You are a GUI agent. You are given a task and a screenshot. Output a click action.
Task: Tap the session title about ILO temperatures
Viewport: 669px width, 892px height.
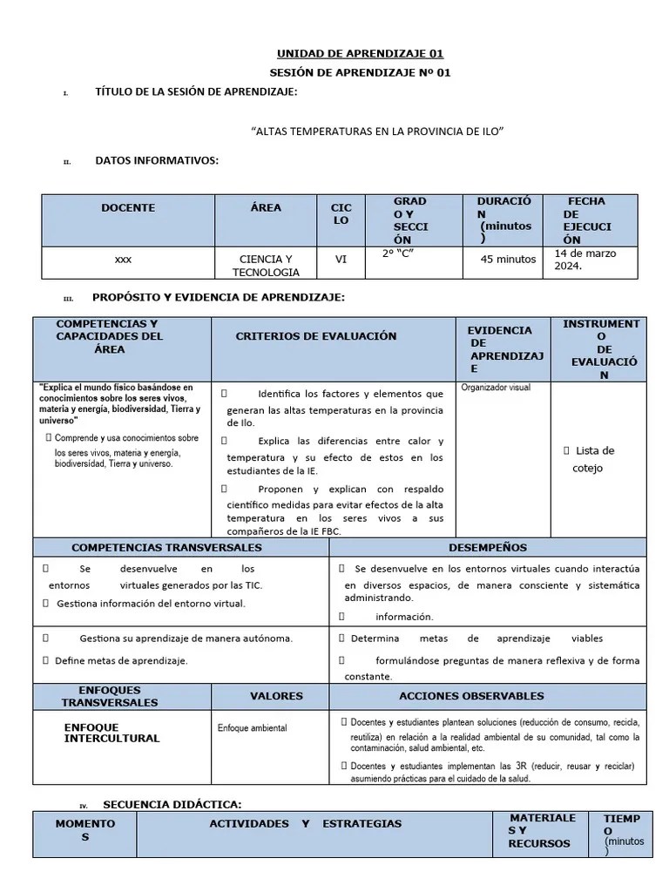point(377,131)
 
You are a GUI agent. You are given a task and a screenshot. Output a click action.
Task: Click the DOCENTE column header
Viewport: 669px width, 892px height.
point(128,208)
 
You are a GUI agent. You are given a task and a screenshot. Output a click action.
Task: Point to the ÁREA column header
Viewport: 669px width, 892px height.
point(266,208)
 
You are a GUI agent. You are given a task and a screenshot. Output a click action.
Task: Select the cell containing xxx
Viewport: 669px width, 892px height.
point(124,260)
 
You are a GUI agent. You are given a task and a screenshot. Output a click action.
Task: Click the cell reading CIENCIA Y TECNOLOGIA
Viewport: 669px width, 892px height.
point(266,266)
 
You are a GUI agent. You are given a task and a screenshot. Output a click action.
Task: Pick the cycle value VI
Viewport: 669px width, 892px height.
point(341,259)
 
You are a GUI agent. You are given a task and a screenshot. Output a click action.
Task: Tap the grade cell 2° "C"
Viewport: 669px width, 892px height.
point(397,254)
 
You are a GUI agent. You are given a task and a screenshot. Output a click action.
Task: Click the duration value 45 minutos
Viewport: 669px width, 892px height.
point(508,259)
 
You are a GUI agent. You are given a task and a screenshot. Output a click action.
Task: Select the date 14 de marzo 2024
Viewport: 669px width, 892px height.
point(585,260)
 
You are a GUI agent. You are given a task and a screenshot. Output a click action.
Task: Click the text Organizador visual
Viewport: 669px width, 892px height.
point(495,388)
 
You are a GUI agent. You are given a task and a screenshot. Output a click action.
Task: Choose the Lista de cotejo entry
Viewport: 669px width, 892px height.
point(592,459)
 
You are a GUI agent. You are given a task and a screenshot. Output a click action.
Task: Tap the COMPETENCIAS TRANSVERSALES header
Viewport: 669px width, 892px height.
point(166,548)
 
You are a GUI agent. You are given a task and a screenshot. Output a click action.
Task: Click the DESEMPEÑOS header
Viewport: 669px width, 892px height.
point(487,548)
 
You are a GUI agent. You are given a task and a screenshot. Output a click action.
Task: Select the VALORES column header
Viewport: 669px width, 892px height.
point(276,696)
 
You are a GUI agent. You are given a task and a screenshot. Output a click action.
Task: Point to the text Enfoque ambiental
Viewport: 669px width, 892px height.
point(252,727)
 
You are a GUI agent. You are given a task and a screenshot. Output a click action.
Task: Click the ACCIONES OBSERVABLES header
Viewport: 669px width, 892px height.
point(471,696)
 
